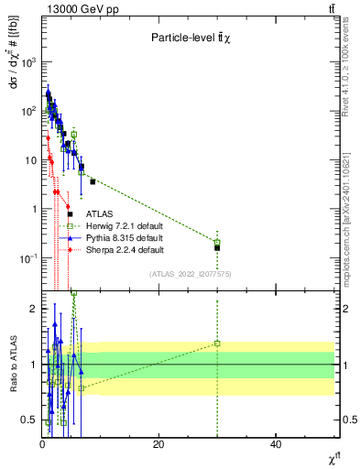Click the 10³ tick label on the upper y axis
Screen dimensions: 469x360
[x=28, y=62]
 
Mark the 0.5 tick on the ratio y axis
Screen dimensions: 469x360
[x=28, y=420]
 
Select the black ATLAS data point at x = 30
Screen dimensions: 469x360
[x=217, y=248]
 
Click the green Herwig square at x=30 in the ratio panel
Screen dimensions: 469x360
[x=217, y=344]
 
